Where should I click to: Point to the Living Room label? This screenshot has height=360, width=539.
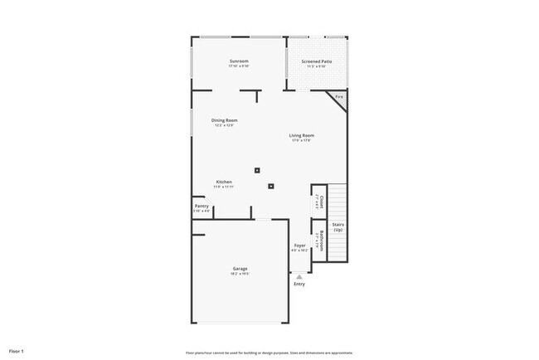point(301,135)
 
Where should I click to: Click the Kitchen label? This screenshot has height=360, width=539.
point(224,182)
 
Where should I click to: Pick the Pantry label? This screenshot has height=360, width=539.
point(202,206)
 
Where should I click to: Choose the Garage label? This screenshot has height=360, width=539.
point(240,268)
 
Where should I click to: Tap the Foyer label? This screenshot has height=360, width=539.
point(299,246)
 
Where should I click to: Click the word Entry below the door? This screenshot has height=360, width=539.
point(299,285)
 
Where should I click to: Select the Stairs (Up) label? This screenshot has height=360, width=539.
point(337,226)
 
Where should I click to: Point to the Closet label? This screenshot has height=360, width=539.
point(320,201)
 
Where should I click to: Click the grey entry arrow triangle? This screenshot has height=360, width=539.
point(299,277)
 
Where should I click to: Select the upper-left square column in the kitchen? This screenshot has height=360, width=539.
point(257,171)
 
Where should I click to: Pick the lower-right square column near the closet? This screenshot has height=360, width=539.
point(270,186)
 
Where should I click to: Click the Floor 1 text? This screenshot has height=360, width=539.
point(17,352)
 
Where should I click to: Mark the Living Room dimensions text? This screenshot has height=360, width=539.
point(301,140)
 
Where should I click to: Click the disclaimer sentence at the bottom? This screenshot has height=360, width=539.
point(269,352)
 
